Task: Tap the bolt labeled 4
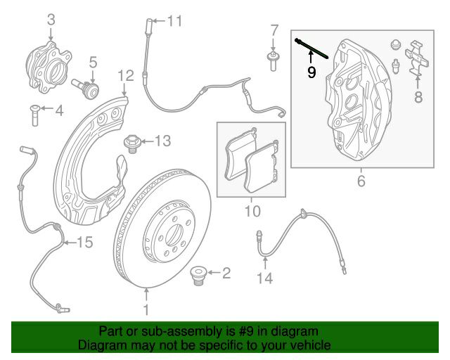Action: click(x=34, y=115)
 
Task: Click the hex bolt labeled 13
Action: click(x=131, y=144)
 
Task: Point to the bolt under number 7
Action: click(x=273, y=61)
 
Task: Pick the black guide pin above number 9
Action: click(x=311, y=49)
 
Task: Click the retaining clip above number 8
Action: click(x=416, y=58)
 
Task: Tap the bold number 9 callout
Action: click(x=311, y=72)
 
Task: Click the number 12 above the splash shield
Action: click(x=126, y=76)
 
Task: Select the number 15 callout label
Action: click(x=85, y=243)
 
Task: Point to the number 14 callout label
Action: click(x=264, y=278)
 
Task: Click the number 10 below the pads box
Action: click(x=252, y=211)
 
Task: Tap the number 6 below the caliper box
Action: click(x=361, y=181)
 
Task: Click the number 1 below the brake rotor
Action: click(x=146, y=310)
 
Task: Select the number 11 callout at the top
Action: click(x=174, y=21)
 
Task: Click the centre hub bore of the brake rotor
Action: click(x=174, y=234)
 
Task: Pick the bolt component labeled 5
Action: click(x=85, y=88)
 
